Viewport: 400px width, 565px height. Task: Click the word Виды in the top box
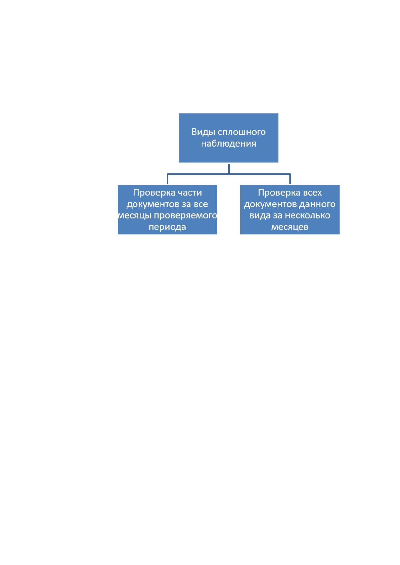pos(203,132)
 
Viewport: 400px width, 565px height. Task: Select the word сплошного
pos(241,132)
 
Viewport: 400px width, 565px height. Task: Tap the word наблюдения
pos(228,144)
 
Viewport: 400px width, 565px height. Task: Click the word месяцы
pos(134,216)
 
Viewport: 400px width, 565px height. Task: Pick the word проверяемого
pos(185,216)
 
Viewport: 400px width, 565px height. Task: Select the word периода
pos(167,227)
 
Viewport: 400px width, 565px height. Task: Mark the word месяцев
pos(290,227)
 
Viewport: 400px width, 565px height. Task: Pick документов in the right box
pos(270,204)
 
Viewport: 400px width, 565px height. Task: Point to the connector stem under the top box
pos(229,169)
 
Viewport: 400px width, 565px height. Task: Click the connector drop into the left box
pos(168,179)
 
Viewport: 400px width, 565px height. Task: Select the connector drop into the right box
pos(290,179)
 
